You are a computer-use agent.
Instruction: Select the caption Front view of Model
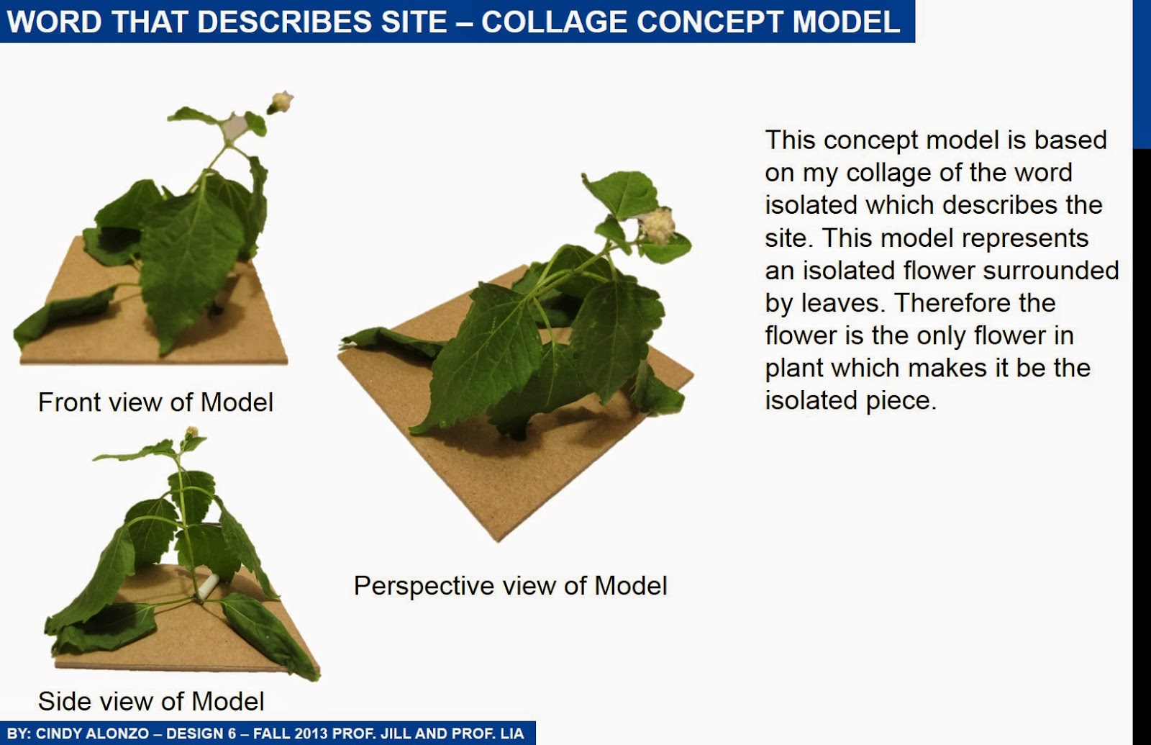coord(155,402)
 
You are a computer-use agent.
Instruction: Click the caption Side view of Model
coord(151,701)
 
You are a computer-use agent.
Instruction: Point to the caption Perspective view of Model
coord(510,585)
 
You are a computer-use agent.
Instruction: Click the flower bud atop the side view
coord(191,433)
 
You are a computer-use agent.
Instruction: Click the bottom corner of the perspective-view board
coord(496,538)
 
